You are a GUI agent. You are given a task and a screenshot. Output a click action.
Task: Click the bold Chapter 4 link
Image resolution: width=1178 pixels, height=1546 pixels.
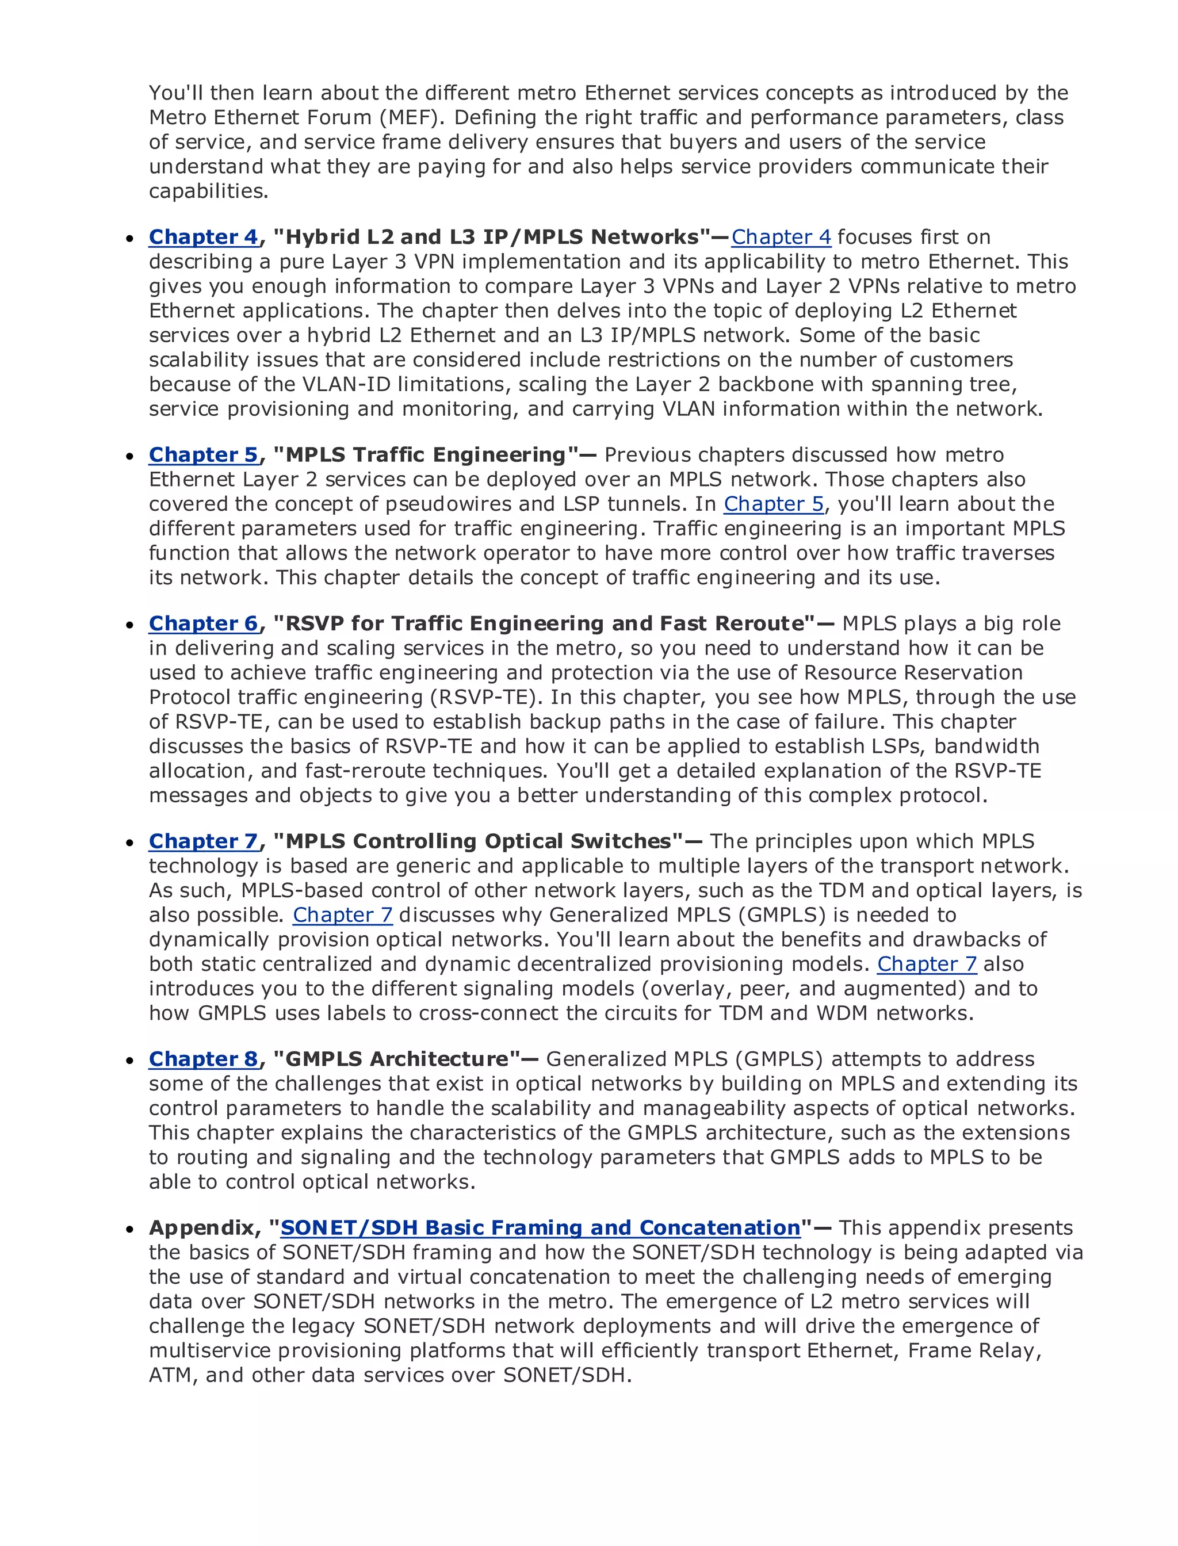(x=204, y=237)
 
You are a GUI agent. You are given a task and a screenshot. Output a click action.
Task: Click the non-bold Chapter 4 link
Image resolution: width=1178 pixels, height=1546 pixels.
(x=781, y=237)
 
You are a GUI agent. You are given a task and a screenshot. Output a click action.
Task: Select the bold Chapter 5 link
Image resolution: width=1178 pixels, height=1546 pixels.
(x=204, y=455)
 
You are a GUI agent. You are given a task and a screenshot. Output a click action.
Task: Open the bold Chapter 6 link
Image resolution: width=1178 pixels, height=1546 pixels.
(x=204, y=623)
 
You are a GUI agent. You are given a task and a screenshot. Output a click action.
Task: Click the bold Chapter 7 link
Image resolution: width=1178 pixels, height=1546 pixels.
(x=204, y=841)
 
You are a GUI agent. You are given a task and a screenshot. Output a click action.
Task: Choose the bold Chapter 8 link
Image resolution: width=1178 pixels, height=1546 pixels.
(x=204, y=1059)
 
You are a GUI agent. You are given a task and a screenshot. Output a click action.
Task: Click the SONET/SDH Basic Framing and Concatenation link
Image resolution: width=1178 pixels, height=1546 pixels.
(x=540, y=1228)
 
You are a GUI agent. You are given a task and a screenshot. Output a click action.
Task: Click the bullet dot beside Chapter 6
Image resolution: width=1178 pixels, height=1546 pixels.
(x=130, y=625)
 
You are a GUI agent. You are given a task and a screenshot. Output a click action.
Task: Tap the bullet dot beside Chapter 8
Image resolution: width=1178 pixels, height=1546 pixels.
(x=130, y=1060)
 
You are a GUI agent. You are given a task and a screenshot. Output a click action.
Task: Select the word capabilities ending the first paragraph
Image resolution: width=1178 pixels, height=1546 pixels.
(x=208, y=192)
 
